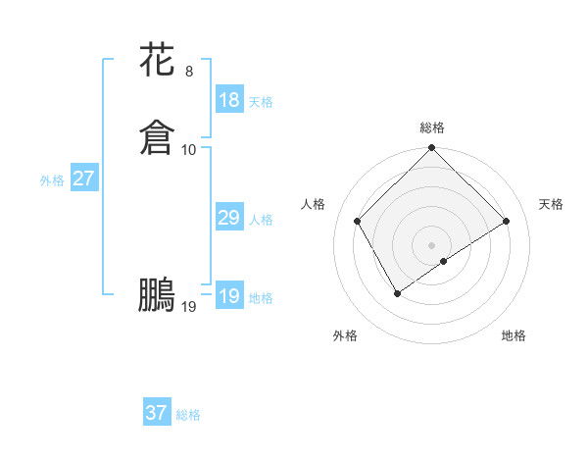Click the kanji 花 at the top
pyautogui.click(x=157, y=60)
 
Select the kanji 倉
pyautogui.click(x=157, y=138)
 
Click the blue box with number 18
pyautogui.click(x=228, y=100)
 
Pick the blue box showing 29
pyautogui.click(x=228, y=218)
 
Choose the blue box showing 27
pyautogui.click(x=83, y=179)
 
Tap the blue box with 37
pyautogui.click(x=156, y=413)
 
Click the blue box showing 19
pyautogui.click(x=228, y=296)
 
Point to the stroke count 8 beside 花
pyautogui.click(x=189, y=71)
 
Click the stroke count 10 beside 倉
pyautogui.click(x=189, y=149)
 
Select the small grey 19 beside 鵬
pyautogui.click(x=189, y=307)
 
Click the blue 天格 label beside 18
pyautogui.click(x=261, y=102)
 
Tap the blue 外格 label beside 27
pyautogui.click(x=52, y=180)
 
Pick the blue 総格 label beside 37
pyautogui.click(x=188, y=415)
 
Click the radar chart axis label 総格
pyautogui.click(x=432, y=128)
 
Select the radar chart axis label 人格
pyautogui.click(x=314, y=204)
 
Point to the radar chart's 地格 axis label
pyautogui.click(x=514, y=336)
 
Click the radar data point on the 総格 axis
pyautogui.click(x=432, y=149)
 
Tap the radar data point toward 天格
pyautogui.click(x=507, y=221)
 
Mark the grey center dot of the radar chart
pyautogui.click(x=432, y=245)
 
